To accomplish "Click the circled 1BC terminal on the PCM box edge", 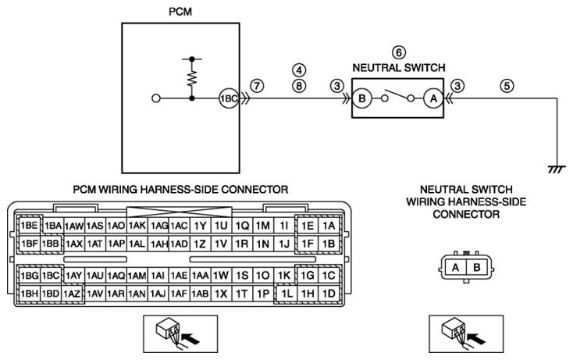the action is point(229,98).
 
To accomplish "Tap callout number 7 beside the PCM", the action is point(257,86).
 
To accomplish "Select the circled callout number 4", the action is point(299,70).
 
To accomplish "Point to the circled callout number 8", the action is point(299,86).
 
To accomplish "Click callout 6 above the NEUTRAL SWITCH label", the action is point(399,52).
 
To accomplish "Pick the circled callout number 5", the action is point(507,86).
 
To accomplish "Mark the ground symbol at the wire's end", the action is point(557,169).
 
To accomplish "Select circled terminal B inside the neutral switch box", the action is point(361,98).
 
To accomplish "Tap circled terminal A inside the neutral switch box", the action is point(433,98).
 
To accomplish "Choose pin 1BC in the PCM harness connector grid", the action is point(51,275).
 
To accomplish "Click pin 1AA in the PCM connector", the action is point(200,275).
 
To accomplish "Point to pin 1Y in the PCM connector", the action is point(200,226).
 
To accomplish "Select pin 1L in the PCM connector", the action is point(286,293).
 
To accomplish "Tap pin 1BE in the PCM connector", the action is point(29,226).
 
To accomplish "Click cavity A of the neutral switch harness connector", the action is point(455,268).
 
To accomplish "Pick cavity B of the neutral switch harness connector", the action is point(477,268).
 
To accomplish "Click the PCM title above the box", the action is point(180,12).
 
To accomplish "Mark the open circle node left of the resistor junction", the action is point(156,98).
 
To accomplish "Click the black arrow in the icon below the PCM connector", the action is point(191,338).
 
